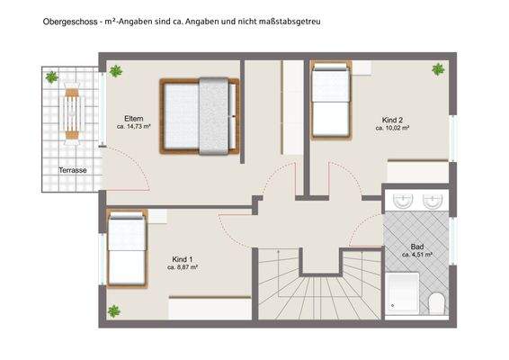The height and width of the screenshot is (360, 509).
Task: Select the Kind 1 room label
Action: click(x=183, y=257)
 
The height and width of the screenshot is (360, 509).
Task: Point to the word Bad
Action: click(x=417, y=246)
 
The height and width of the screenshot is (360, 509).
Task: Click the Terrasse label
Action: click(x=73, y=170)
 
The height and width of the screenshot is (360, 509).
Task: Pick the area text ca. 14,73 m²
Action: click(x=133, y=128)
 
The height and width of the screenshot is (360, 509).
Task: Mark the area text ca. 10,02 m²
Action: click(x=392, y=129)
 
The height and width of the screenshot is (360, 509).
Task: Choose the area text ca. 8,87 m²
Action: click(x=183, y=267)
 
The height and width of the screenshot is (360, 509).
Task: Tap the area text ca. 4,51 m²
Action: click(x=417, y=255)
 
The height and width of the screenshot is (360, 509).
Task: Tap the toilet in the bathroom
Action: click(x=436, y=304)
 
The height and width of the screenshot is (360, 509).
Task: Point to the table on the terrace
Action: click(x=71, y=112)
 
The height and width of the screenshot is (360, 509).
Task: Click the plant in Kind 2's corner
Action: click(x=438, y=69)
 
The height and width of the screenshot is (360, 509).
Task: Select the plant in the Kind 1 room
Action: click(x=115, y=311)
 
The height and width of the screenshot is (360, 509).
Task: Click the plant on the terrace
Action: click(x=50, y=77)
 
